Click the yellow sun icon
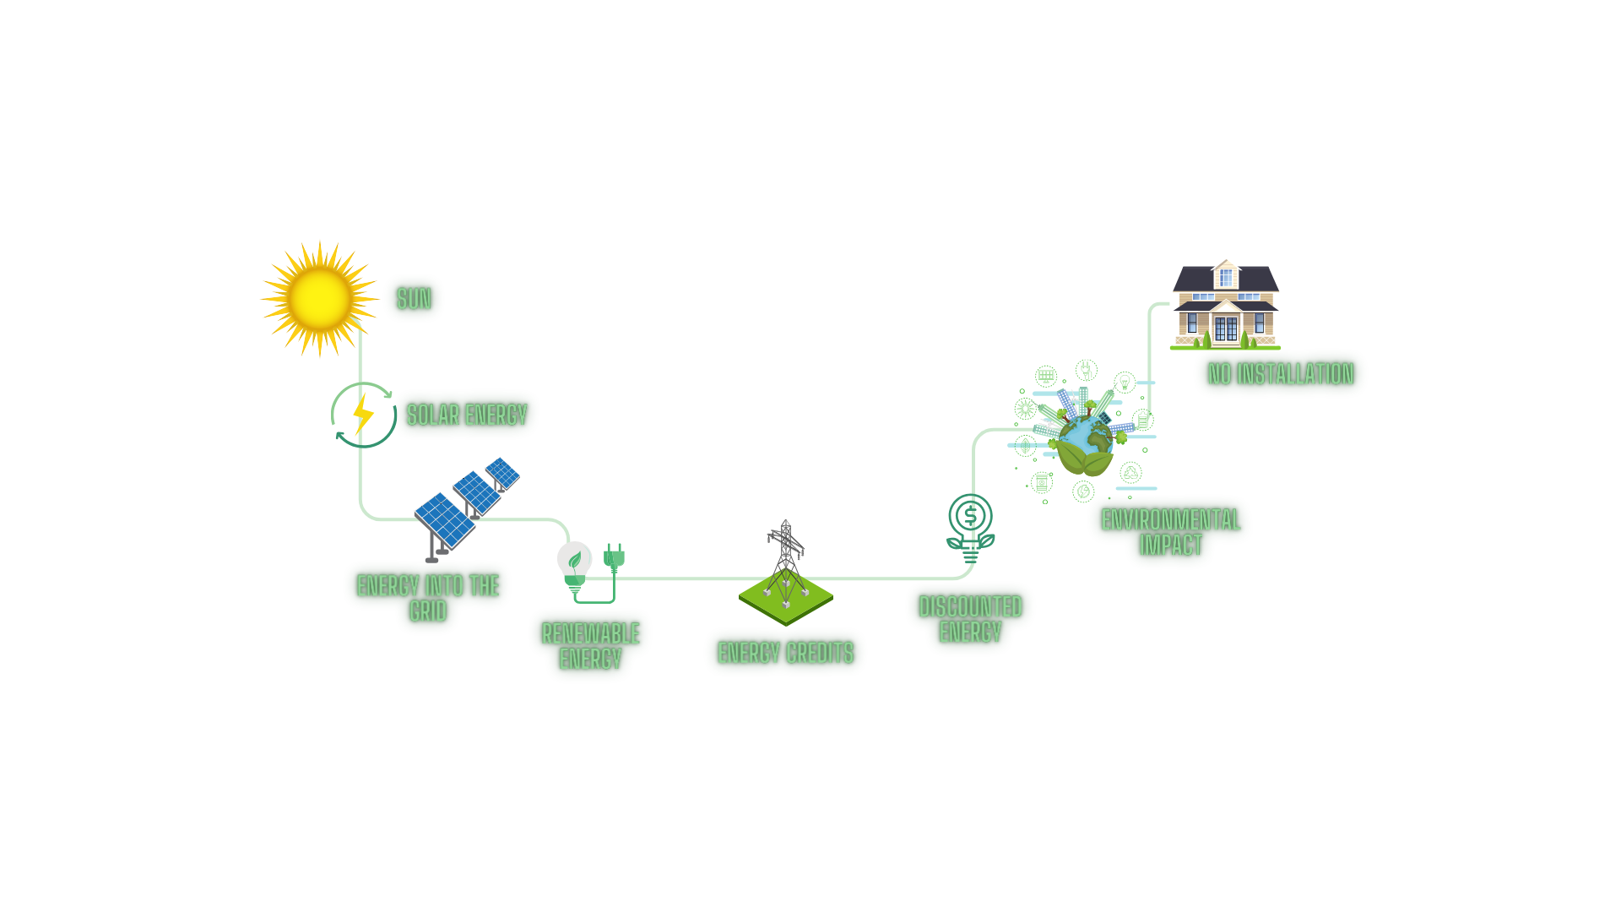tap(319, 298)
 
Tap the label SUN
tap(414, 299)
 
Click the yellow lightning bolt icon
tap(363, 414)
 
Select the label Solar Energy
tap(467, 415)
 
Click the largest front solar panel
tap(445, 519)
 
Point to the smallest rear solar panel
tap(502, 473)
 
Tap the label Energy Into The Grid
tap(428, 598)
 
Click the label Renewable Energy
tap(590, 646)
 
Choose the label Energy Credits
tap(785, 653)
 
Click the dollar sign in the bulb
tap(970, 514)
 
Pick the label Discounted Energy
tap(970, 619)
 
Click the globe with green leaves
tap(1086, 443)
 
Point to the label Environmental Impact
tap(1171, 532)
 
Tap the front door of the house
tap(1226, 328)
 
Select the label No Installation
tap(1281, 374)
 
